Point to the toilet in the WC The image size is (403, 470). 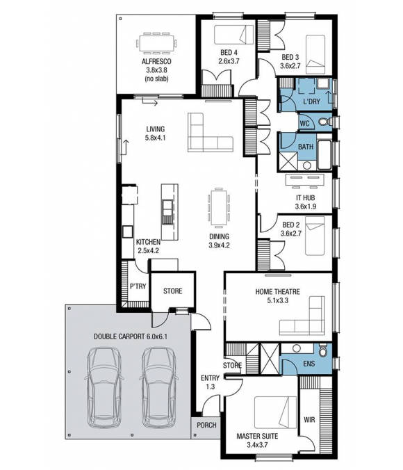[323, 123]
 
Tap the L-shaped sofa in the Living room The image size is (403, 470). [208, 133]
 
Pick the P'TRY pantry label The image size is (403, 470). [137, 286]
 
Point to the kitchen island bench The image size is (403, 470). [167, 203]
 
